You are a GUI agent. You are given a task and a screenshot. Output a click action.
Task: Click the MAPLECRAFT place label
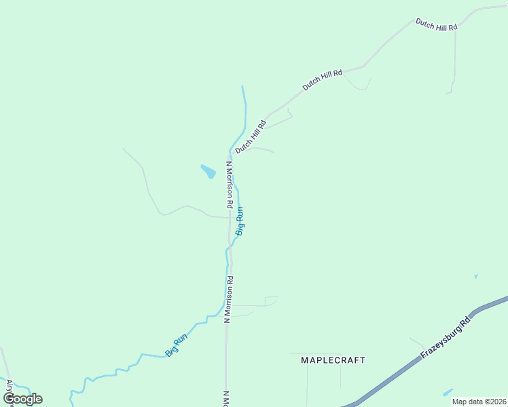coord(333,360)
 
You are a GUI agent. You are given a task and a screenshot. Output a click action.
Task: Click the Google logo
coord(22,399)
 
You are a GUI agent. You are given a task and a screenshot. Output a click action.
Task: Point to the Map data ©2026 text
coord(479,402)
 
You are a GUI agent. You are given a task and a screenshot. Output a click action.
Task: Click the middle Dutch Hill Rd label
coord(323,79)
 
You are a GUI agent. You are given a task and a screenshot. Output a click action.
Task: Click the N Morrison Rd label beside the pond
coord(230,184)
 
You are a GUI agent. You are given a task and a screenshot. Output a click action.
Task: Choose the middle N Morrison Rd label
coord(230,298)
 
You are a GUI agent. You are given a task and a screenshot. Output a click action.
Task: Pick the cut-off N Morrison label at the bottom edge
coord(225,398)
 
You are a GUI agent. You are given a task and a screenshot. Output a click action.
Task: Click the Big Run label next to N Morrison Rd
coord(240,221)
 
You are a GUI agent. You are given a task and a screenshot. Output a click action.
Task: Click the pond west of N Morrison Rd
coord(208,171)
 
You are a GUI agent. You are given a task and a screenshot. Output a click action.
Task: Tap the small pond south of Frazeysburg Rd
coord(448,392)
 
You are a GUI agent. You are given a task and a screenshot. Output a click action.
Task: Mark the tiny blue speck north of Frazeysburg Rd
coord(475,276)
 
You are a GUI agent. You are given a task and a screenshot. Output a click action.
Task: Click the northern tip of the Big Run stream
coord(242,87)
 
